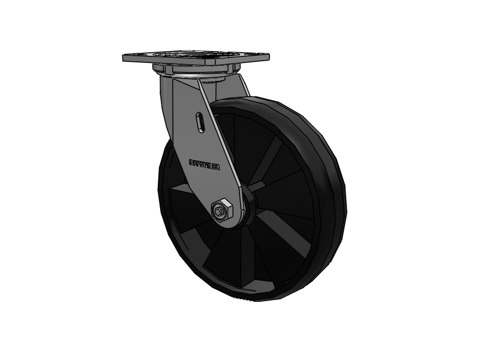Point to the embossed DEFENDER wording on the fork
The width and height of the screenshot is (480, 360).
point(205,163)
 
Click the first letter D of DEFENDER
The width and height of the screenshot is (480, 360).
point(191,161)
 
